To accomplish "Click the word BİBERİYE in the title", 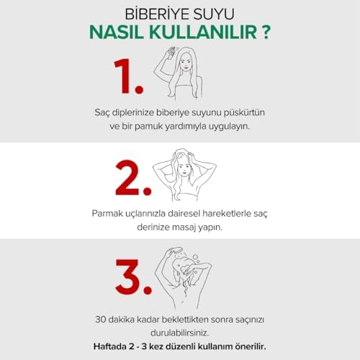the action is [157, 14].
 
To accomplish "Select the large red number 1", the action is [122, 76].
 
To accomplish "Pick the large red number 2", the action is [127, 177].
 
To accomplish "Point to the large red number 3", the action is [127, 276].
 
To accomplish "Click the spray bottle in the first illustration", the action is [171, 53].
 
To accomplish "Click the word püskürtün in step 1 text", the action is [244, 112].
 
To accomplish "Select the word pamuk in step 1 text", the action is [149, 127].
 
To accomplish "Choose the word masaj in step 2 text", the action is [184, 228].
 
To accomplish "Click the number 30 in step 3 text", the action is [100, 320].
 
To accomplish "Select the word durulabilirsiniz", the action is [180, 333].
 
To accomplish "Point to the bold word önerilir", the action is [251, 346].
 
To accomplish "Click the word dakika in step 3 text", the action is [121, 320].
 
